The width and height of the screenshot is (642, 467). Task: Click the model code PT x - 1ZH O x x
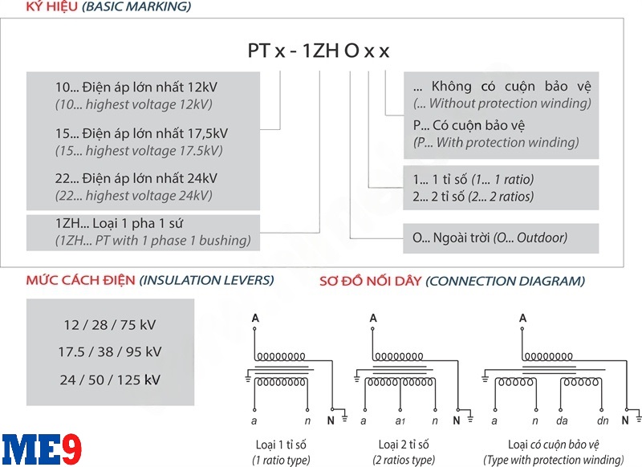click(318, 51)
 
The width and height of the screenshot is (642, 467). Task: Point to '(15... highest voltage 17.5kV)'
click(138, 151)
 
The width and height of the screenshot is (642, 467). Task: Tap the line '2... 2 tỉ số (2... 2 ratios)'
click(473, 197)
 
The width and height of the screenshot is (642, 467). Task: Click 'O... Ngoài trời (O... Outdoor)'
click(490, 238)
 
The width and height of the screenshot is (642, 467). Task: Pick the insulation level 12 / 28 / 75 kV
click(110, 325)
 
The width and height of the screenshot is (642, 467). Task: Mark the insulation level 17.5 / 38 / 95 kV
click(110, 351)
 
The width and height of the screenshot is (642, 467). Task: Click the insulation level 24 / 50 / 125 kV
click(110, 379)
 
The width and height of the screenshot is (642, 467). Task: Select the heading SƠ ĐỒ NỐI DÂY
click(370, 281)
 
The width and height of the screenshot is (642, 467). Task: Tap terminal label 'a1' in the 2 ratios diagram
click(400, 420)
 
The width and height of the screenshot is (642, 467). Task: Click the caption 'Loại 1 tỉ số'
click(277, 444)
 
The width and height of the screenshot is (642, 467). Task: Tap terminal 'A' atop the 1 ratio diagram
click(254, 319)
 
